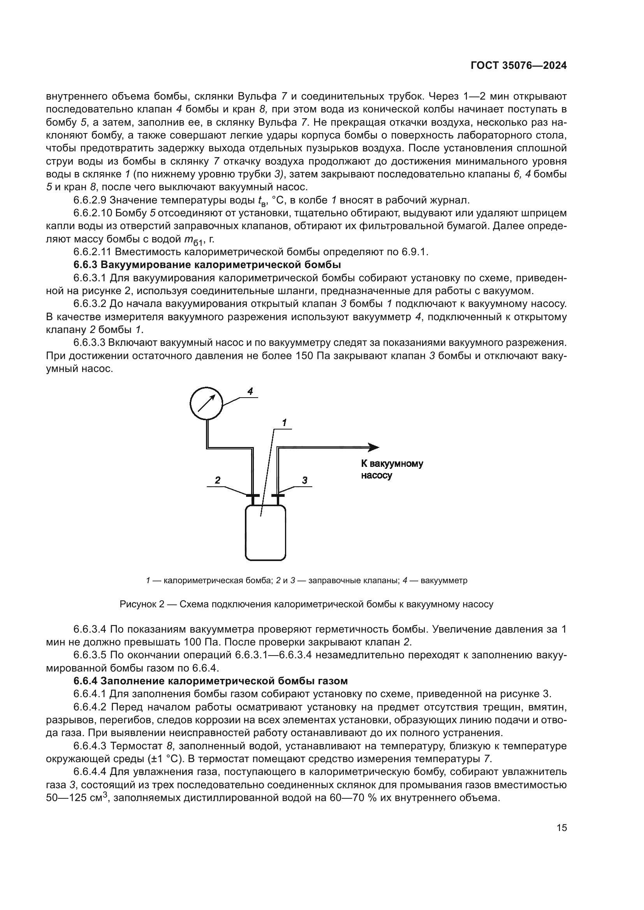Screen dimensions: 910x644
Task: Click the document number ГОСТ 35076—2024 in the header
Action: coord(518,66)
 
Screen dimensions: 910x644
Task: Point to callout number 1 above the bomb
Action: coord(284,423)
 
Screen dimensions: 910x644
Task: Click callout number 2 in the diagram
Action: coord(217,480)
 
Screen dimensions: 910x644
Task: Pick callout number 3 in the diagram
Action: coord(304,480)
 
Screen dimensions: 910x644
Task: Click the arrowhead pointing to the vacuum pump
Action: coord(373,447)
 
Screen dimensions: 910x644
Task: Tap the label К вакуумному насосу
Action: coord(392,469)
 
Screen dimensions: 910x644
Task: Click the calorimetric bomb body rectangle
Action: coord(265,533)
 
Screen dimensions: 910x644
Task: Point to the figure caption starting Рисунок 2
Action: coord(306,605)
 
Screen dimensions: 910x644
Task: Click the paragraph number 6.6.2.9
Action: coord(90,200)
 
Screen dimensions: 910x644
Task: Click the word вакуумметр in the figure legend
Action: coord(444,580)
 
